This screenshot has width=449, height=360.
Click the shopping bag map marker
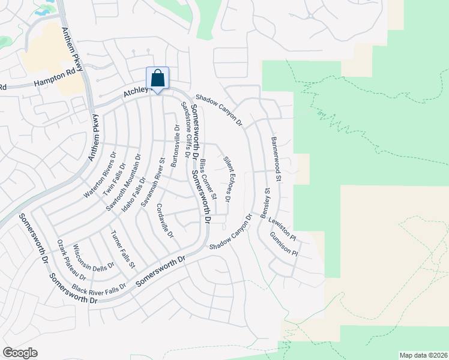(x=157, y=79)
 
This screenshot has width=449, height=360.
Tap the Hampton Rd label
(x=58, y=78)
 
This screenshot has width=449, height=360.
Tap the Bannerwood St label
(x=276, y=159)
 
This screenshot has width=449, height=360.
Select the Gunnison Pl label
(x=283, y=245)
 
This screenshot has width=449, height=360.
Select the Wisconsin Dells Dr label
(x=94, y=259)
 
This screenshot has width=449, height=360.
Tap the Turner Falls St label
(x=124, y=249)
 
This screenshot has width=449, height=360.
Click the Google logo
(x=20, y=353)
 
